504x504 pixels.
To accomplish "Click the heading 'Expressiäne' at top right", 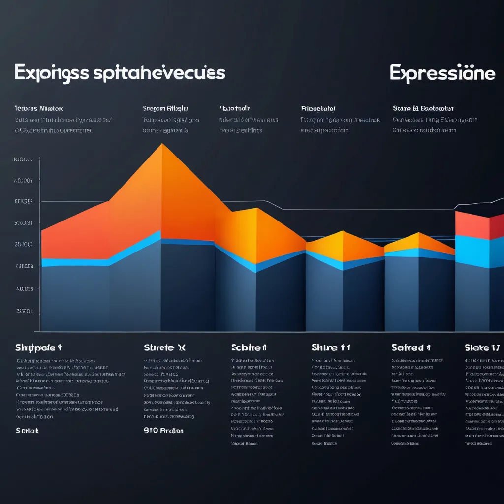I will click(442, 73).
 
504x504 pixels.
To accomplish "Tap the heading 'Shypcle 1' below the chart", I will click(38, 347).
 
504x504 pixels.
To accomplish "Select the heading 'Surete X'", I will click(164, 347).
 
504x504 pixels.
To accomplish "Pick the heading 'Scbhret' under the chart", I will click(249, 347).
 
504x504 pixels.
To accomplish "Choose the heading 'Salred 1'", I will click(411, 347).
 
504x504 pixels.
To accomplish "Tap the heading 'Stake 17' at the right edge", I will click(482, 347).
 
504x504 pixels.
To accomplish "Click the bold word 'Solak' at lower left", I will click(27, 430).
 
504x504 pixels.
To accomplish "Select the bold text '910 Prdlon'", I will click(163, 430).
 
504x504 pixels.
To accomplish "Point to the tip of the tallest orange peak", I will click(162, 144).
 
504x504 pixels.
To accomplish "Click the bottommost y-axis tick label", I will click(25, 311).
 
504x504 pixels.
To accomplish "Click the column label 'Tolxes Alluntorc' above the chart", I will click(39, 108).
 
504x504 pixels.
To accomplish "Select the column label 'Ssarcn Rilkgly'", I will click(165, 108).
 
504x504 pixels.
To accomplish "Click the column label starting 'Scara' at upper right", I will click(423, 108).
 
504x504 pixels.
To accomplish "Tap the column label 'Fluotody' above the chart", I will click(235, 108).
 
